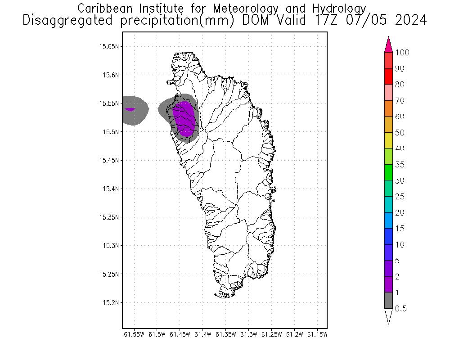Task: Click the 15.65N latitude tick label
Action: [x=109, y=46]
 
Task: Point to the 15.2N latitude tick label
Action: [x=111, y=302]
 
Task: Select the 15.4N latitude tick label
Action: [x=111, y=189]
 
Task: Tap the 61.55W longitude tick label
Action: [x=134, y=334]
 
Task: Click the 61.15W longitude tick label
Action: [x=318, y=334]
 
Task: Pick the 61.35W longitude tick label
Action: [x=225, y=334]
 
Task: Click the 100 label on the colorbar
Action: [x=402, y=53]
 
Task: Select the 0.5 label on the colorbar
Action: [x=401, y=309]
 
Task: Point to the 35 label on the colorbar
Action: [x=400, y=165]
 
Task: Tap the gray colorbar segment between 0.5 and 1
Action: [x=389, y=301]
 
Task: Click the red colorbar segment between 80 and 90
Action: [x=389, y=77]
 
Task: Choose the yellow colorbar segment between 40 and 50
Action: [x=389, y=141]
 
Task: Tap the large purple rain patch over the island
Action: [x=184, y=118]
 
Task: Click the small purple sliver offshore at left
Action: [x=130, y=109]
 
